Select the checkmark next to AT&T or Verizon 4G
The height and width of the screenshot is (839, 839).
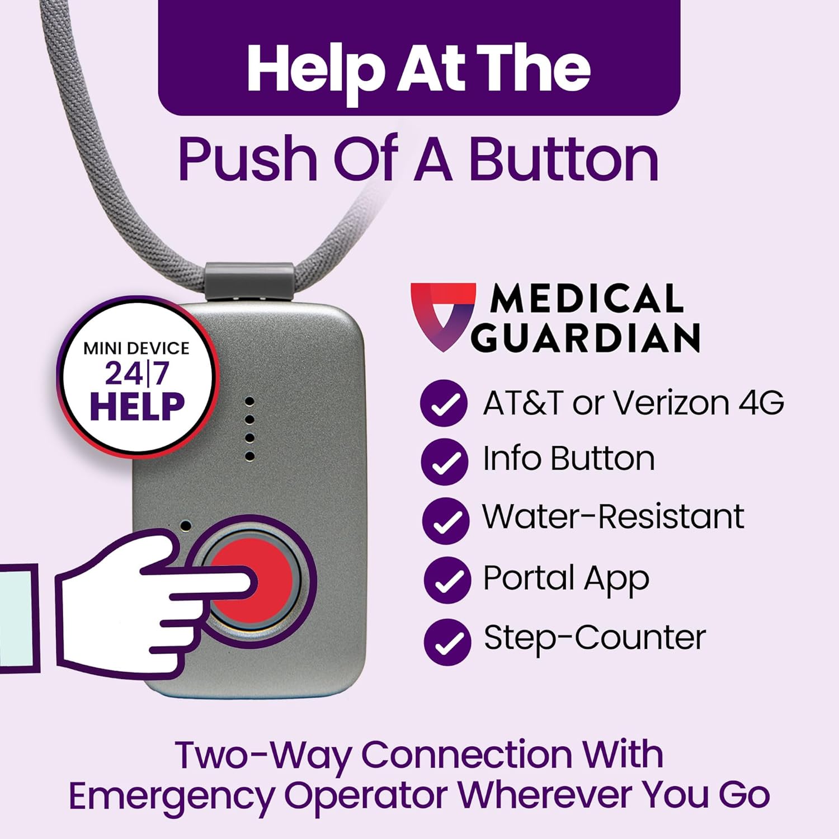tap(444, 403)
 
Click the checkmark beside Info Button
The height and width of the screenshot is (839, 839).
tap(444, 461)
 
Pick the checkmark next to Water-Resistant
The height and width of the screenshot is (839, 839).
tap(445, 520)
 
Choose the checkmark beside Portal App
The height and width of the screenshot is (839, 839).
tap(447, 580)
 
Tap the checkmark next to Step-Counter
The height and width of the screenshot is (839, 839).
tap(447, 642)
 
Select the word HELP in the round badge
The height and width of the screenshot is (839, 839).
tap(137, 406)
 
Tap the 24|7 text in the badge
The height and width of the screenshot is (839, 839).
tap(136, 374)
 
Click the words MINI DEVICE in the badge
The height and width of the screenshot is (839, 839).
tap(136, 348)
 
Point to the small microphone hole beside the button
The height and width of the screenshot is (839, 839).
tap(185, 526)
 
